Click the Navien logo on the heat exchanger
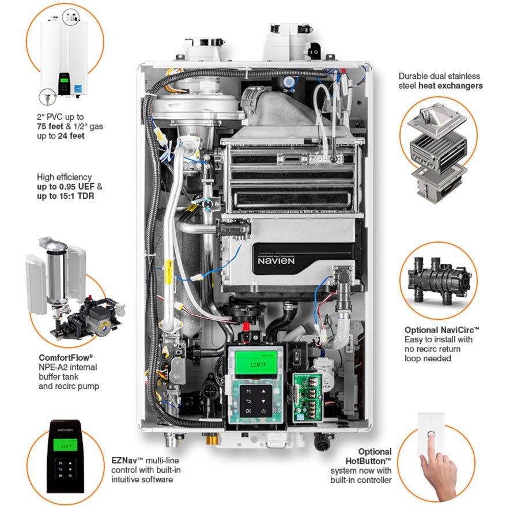(277, 260)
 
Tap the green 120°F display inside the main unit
(254, 364)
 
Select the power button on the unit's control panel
(263, 411)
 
